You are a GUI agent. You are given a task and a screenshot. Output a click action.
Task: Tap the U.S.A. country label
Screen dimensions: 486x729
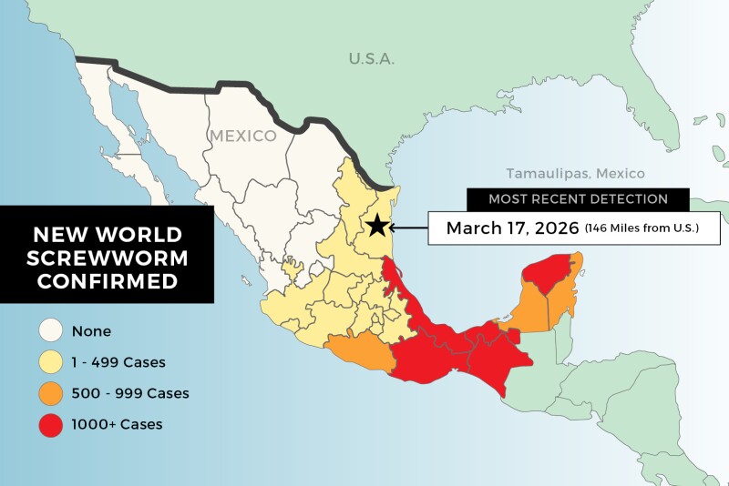coord(371,59)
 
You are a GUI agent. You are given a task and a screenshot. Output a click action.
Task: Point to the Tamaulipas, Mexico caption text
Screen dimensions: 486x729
coord(575,173)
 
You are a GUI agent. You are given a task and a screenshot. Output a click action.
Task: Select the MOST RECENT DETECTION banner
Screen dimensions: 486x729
coord(577,198)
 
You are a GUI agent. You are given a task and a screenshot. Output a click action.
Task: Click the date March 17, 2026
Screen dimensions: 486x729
coord(512,228)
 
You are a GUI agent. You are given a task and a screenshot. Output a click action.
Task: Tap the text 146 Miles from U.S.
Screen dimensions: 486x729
coord(642,228)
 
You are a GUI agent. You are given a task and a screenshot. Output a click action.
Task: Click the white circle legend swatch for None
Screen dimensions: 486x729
coord(50,332)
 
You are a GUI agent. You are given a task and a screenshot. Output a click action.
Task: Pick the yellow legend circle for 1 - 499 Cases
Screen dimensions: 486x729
coord(50,363)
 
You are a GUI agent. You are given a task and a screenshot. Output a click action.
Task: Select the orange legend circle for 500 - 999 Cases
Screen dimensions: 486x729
coord(50,393)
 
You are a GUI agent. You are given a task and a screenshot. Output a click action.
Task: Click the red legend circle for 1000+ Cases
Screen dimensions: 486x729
coord(50,424)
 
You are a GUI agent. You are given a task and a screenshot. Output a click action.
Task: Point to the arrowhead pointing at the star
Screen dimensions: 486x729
coord(395,227)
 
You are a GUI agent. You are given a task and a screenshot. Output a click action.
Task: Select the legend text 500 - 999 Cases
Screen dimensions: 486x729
coord(130,393)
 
